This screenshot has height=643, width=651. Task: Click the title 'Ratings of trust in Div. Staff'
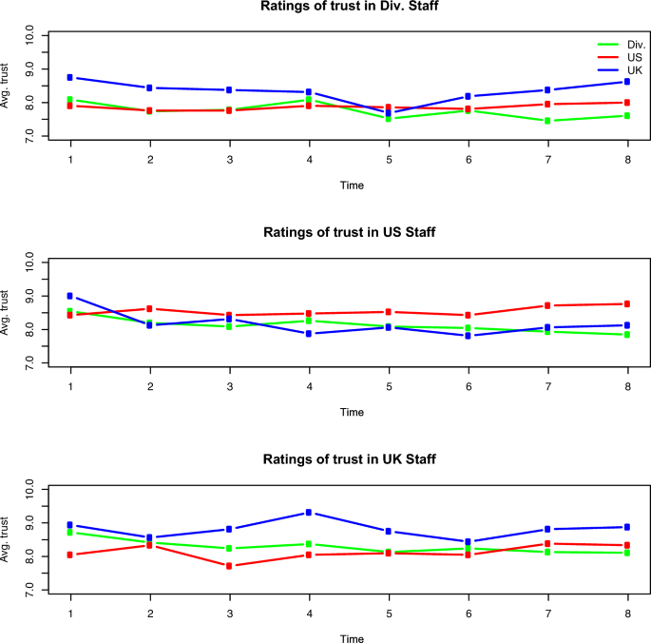352,7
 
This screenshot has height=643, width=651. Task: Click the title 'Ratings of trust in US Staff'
352,233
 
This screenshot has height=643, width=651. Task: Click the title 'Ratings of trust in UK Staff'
352,459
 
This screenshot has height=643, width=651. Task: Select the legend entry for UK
634,71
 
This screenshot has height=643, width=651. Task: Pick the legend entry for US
634,58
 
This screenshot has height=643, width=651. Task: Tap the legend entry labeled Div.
634,45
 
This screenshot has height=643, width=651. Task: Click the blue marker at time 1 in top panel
70,77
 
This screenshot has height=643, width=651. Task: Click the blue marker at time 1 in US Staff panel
70,296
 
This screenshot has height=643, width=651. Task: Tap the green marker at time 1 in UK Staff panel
70,532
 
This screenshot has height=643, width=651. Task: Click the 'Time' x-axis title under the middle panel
352,412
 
